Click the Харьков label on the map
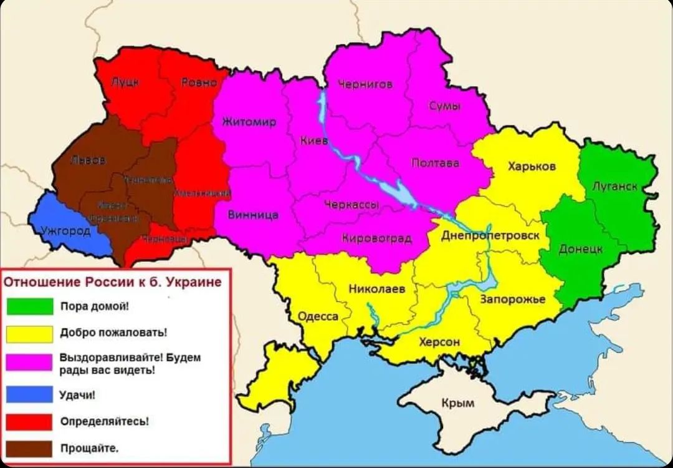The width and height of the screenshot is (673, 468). (532, 167)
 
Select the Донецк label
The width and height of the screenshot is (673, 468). (581, 249)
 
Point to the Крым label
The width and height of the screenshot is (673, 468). (457, 403)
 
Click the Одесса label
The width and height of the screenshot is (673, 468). (318, 316)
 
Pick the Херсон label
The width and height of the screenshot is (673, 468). (439, 342)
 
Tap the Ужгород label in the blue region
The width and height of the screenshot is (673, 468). (65, 231)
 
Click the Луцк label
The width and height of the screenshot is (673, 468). (125, 82)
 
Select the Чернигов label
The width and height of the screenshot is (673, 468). (365, 84)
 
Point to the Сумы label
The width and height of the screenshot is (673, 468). (445, 106)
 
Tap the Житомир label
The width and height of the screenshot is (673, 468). (249, 122)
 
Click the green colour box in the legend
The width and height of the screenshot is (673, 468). (30, 306)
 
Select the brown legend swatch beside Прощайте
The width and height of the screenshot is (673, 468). (30, 448)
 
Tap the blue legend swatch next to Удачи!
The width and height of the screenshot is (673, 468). (30, 394)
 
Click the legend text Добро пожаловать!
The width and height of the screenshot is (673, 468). (113, 333)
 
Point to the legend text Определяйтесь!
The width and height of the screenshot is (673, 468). (104, 421)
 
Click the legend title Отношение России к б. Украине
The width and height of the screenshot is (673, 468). (113, 282)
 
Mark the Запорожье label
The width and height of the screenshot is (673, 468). (512, 300)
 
